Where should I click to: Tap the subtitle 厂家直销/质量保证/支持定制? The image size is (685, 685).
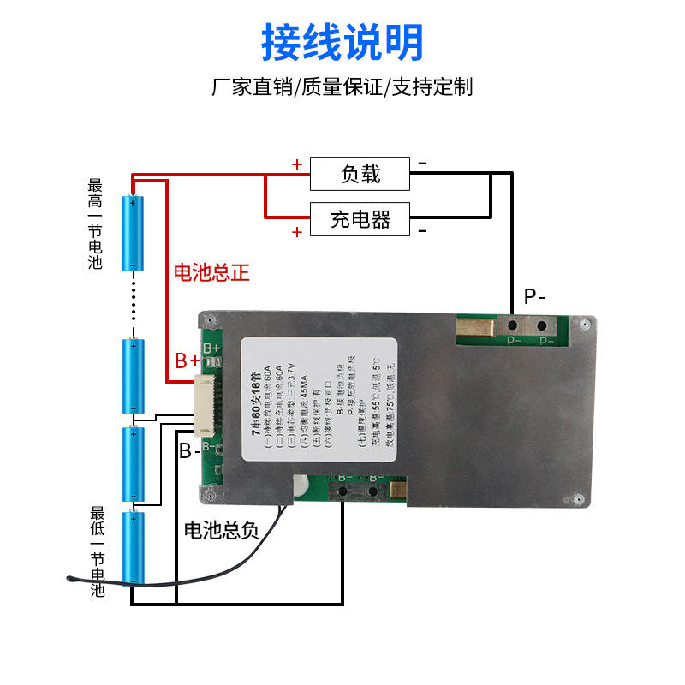tap(342, 87)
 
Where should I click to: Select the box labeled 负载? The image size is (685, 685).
tap(360, 175)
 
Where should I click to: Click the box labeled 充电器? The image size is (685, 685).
tap(360, 220)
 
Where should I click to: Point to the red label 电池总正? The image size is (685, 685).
tap(211, 273)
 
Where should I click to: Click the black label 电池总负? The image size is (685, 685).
tap(221, 531)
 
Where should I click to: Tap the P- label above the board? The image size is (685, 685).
tap(535, 297)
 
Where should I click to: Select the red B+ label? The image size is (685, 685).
tap(188, 360)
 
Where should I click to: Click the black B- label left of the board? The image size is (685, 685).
tap(189, 450)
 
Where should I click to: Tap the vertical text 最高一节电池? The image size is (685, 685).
tap(95, 224)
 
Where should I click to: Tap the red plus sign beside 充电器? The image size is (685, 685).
tap(296, 232)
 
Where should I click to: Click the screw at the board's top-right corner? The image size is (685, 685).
tap(583, 325)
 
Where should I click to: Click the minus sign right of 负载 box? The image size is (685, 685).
tap(422, 163)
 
